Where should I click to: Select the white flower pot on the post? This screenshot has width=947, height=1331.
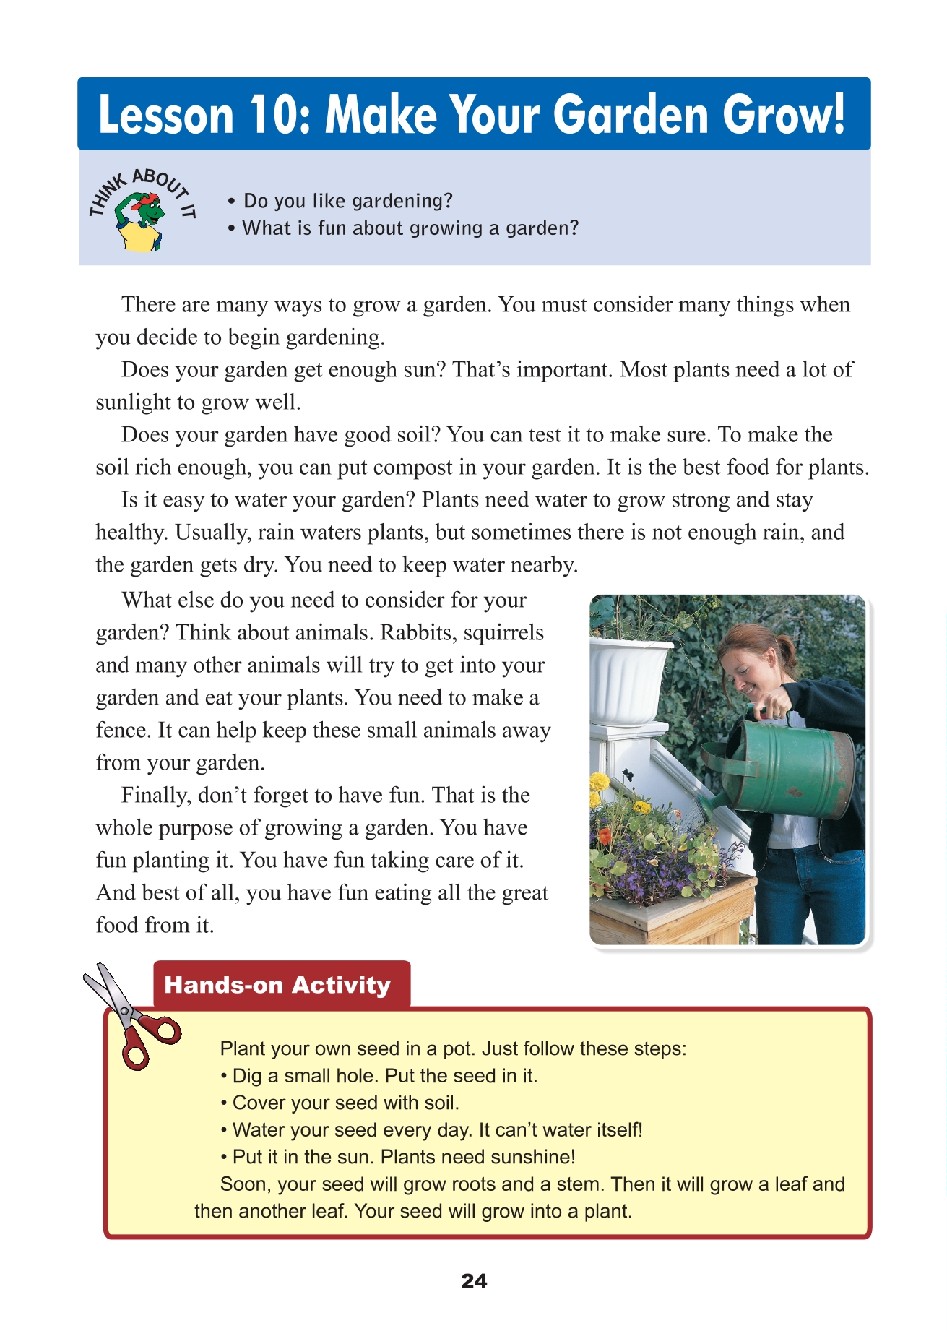click(628, 679)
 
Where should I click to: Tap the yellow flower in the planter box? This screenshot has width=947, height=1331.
click(600, 782)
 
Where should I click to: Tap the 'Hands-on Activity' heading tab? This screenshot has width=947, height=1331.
click(277, 986)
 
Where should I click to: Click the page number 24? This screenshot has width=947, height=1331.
click(474, 1282)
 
